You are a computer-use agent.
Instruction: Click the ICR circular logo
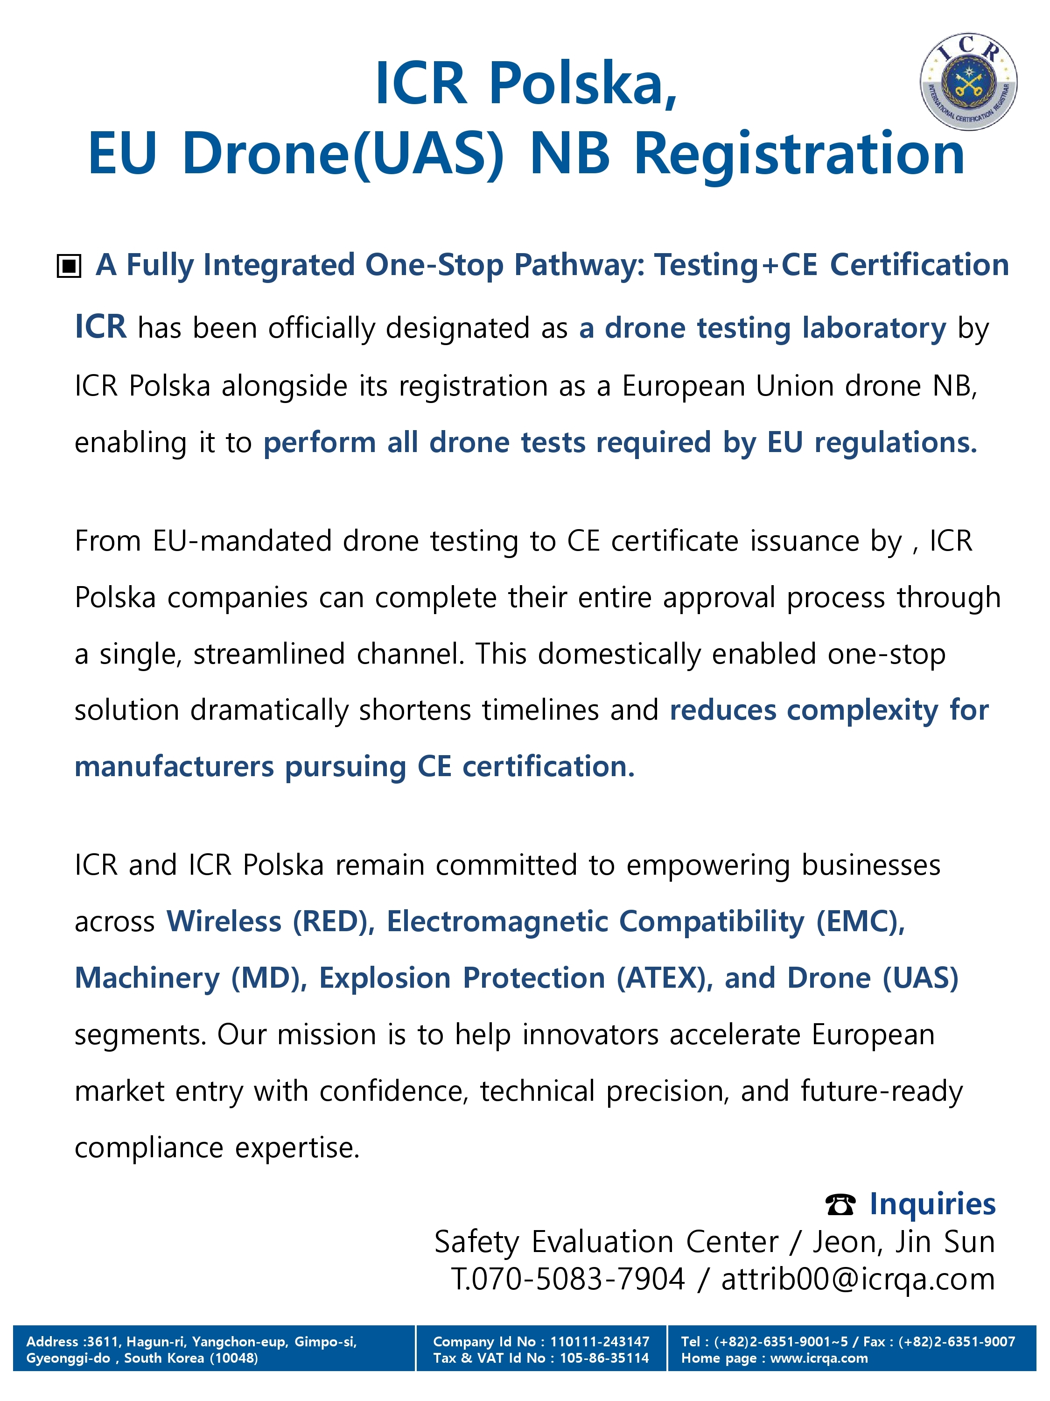(x=968, y=82)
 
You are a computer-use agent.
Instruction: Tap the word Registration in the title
(x=799, y=154)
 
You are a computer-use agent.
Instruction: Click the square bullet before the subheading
(x=69, y=266)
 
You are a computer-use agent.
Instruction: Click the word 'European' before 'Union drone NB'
(x=683, y=386)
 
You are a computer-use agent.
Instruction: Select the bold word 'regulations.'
(x=896, y=442)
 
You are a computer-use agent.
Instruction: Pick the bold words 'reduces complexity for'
(x=828, y=710)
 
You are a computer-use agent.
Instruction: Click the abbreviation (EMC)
(x=860, y=921)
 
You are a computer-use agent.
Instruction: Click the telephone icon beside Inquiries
(x=840, y=1204)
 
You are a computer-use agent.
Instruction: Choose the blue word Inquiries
(x=931, y=1204)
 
